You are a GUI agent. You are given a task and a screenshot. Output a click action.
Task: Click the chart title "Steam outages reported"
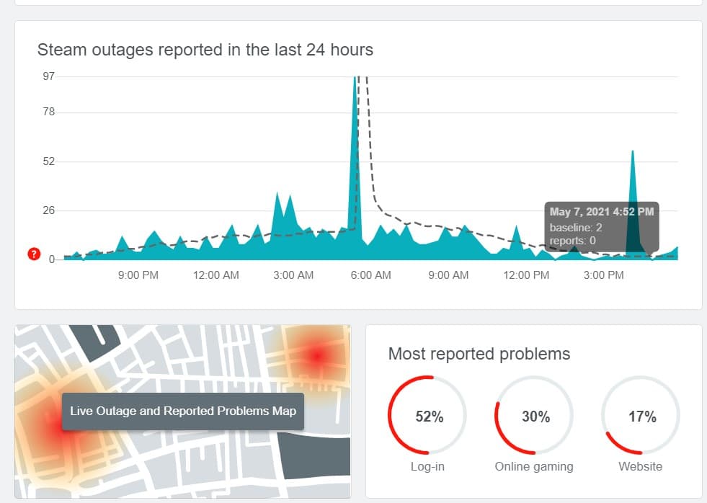click(x=205, y=50)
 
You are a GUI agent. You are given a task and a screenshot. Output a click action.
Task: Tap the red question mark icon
click(x=33, y=254)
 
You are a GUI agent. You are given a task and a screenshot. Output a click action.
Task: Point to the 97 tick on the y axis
click(x=49, y=76)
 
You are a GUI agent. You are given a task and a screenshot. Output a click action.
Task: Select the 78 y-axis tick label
click(x=49, y=112)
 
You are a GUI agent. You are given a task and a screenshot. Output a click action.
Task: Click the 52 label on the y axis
click(x=49, y=161)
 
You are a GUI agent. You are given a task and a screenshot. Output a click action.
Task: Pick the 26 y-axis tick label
click(x=49, y=210)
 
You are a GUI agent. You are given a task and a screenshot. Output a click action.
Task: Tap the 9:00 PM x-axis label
click(x=138, y=275)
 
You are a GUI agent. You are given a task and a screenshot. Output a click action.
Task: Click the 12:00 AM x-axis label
click(x=216, y=275)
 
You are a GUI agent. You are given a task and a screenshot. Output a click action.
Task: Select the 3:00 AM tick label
click(x=293, y=275)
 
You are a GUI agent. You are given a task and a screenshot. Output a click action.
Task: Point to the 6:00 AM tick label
click(x=371, y=275)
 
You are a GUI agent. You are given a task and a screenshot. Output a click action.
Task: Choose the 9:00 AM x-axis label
click(x=448, y=275)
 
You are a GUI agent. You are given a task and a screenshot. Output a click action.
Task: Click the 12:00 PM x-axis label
click(x=526, y=275)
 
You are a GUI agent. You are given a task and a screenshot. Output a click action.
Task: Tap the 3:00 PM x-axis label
click(x=604, y=275)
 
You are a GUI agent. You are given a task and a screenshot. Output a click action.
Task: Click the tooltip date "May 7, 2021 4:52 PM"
click(x=602, y=212)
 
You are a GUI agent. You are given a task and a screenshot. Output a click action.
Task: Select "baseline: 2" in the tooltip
click(x=576, y=227)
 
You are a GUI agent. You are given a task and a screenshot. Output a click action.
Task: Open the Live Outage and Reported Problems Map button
click(x=183, y=411)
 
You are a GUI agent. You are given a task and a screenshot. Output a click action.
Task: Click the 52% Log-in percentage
click(x=429, y=417)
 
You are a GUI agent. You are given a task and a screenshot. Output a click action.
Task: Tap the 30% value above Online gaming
click(x=535, y=417)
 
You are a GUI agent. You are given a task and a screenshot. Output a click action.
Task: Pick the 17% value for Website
click(x=641, y=417)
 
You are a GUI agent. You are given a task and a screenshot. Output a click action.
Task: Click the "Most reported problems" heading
click(x=479, y=354)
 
